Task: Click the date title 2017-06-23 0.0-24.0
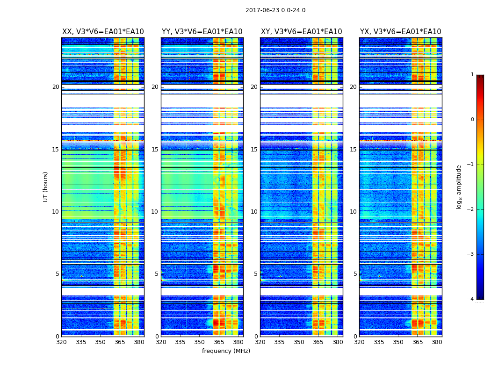coord(275,10)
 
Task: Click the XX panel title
coord(103,32)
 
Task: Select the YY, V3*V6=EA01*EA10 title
coord(202,32)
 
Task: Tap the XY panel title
coord(301,32)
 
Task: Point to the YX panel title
coord(400,32)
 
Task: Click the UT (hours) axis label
coord(45,187)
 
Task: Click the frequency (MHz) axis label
coord(226,351)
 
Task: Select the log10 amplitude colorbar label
coord(459,187)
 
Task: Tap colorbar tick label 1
coord(472,75)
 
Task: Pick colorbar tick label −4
coord(470,299)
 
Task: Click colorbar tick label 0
coord(472,120)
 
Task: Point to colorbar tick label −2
coord(470,209)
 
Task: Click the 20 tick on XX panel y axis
coord(56,87)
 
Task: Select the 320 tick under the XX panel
coord(61,342)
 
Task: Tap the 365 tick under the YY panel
coord(219,342)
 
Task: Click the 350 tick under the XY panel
coord(299,342)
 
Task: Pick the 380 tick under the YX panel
coord(437,342)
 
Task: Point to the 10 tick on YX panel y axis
coord(354,212)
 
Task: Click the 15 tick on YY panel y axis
coord(155,150)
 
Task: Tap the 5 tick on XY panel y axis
coord(256,274)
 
